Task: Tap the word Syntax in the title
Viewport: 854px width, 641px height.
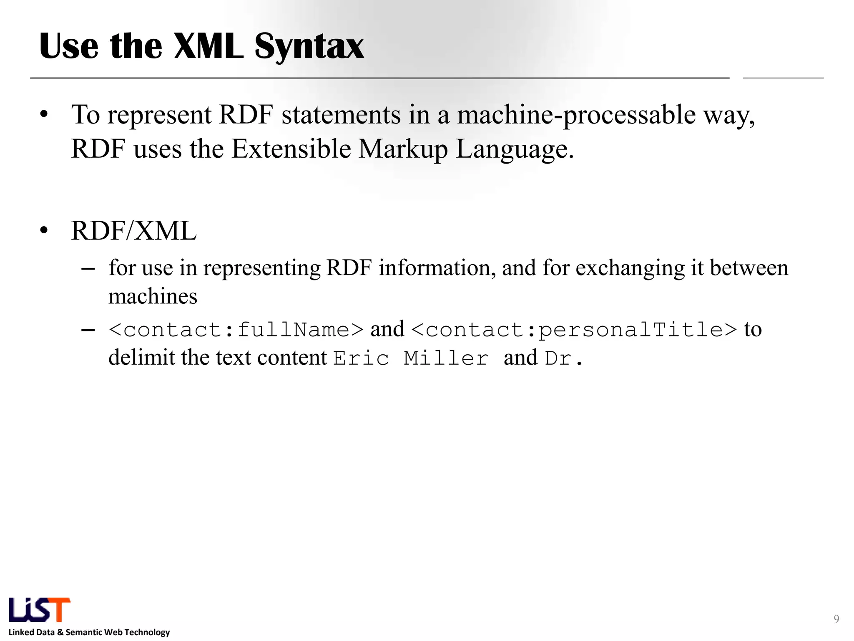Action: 309,47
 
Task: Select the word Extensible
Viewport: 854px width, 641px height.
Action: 291,149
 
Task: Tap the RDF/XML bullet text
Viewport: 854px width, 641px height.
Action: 133,231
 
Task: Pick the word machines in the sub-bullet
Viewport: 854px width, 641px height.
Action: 153,297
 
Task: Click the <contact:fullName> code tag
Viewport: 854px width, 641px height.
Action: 236,330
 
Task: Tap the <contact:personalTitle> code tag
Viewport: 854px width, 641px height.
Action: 574,330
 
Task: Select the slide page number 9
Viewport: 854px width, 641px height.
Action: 836,619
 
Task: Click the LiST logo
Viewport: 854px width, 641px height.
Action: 40,610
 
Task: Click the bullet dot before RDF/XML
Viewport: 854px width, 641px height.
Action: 44,231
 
